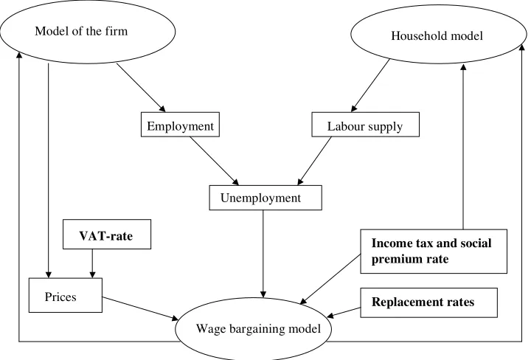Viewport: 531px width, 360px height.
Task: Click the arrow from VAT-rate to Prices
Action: [x=92, y=263]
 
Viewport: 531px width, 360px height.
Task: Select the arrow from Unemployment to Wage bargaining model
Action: [x=263, y=254]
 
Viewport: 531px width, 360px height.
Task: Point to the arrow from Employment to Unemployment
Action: [x=214, y=161]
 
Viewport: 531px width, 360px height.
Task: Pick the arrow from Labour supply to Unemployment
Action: [x=314, y=161]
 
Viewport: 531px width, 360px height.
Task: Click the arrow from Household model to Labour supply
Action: [x=370, y=86]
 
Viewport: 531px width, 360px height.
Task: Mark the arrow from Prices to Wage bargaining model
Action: [x=141, y=308]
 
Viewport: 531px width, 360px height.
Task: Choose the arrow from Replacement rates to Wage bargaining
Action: [x=344, y=313]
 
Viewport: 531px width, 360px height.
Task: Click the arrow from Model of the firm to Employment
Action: [x=141, y=87]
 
